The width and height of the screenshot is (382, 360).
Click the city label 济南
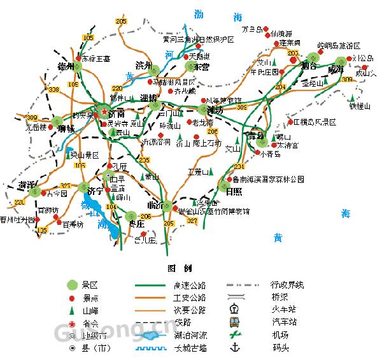pos(116,114)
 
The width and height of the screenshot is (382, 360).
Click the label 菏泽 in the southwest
pos(27,184)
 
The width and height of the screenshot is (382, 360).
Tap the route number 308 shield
pos(53,89)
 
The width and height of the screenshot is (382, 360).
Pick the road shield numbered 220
pos(117,88)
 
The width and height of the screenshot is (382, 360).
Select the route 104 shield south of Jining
pos(111,207)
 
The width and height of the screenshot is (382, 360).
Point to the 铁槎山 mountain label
pos(359,106)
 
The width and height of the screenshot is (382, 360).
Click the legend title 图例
pos(174,268)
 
